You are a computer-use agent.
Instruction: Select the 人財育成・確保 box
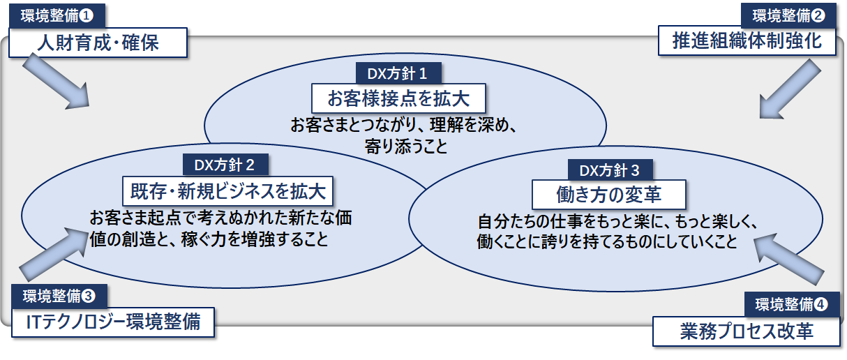tap(98, 43)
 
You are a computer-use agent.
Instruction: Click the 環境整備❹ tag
tap(790, 303)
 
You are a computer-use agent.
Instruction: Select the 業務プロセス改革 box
tap(747, 331)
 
